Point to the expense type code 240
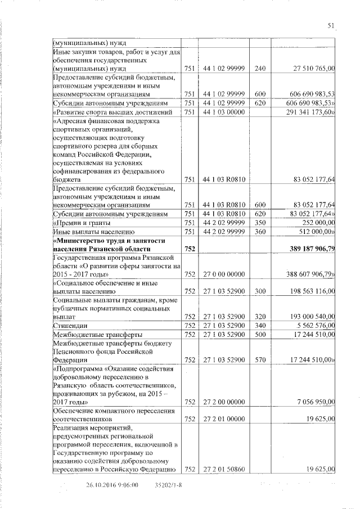[x=259, y=69]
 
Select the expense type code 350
[x=259, y=223]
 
